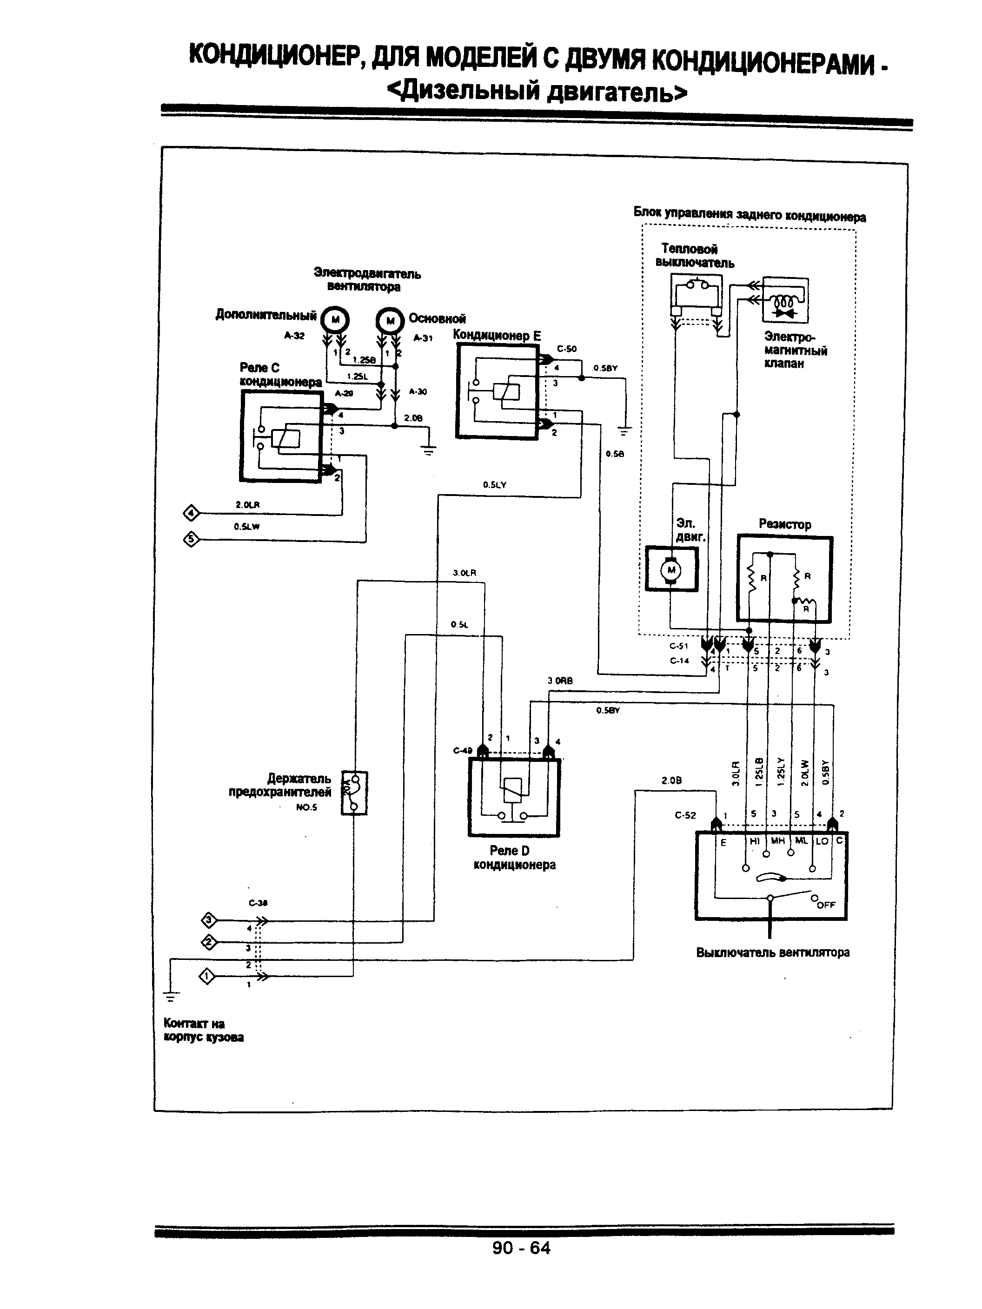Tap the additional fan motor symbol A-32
[x=335, y=320]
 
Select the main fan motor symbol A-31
[x=390, y=321]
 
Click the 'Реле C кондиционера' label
[x=280, y=375]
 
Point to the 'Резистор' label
[x=784, y=524]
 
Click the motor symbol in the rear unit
[x=671, y=570]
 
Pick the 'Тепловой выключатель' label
[x=694, y=256]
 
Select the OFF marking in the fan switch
[x=826, y=905]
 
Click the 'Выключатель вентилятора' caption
[x=772, y=953]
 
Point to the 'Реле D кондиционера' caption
[x=514, y=858]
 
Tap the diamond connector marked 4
[x=191, y=513]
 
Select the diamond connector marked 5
[x=191, y=539]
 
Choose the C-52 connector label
[x=685, y=815]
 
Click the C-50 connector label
[x=566, y=349]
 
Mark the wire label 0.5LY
[x=494, y=485]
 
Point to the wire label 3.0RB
[x=559, y=681]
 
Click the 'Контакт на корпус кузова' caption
[x=203, y=1030]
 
